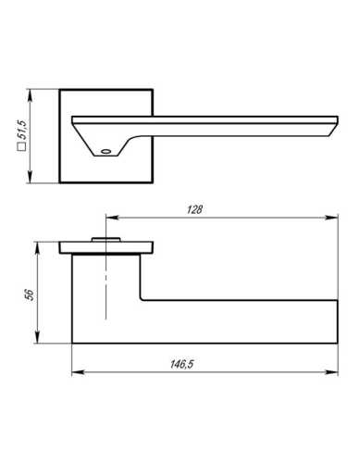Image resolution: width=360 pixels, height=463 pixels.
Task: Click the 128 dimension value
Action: click(194, 209)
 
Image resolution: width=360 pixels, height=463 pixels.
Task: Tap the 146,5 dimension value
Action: click(181, 364)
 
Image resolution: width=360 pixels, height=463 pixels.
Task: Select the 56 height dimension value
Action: click(30, 295)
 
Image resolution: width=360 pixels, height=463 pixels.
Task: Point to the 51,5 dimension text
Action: click(22, 130)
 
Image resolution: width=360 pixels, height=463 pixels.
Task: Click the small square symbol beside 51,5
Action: click(22, 147)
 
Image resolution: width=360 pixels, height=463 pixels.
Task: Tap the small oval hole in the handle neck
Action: click(106, 152)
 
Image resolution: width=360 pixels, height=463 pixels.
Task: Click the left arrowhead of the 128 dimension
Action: click(112, 218)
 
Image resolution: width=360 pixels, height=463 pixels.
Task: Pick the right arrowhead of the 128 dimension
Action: click(332, 218)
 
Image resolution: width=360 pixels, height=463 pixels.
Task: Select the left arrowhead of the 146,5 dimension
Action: click(78, 372)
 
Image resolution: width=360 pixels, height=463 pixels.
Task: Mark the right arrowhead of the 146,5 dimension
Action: click(332, 372)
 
